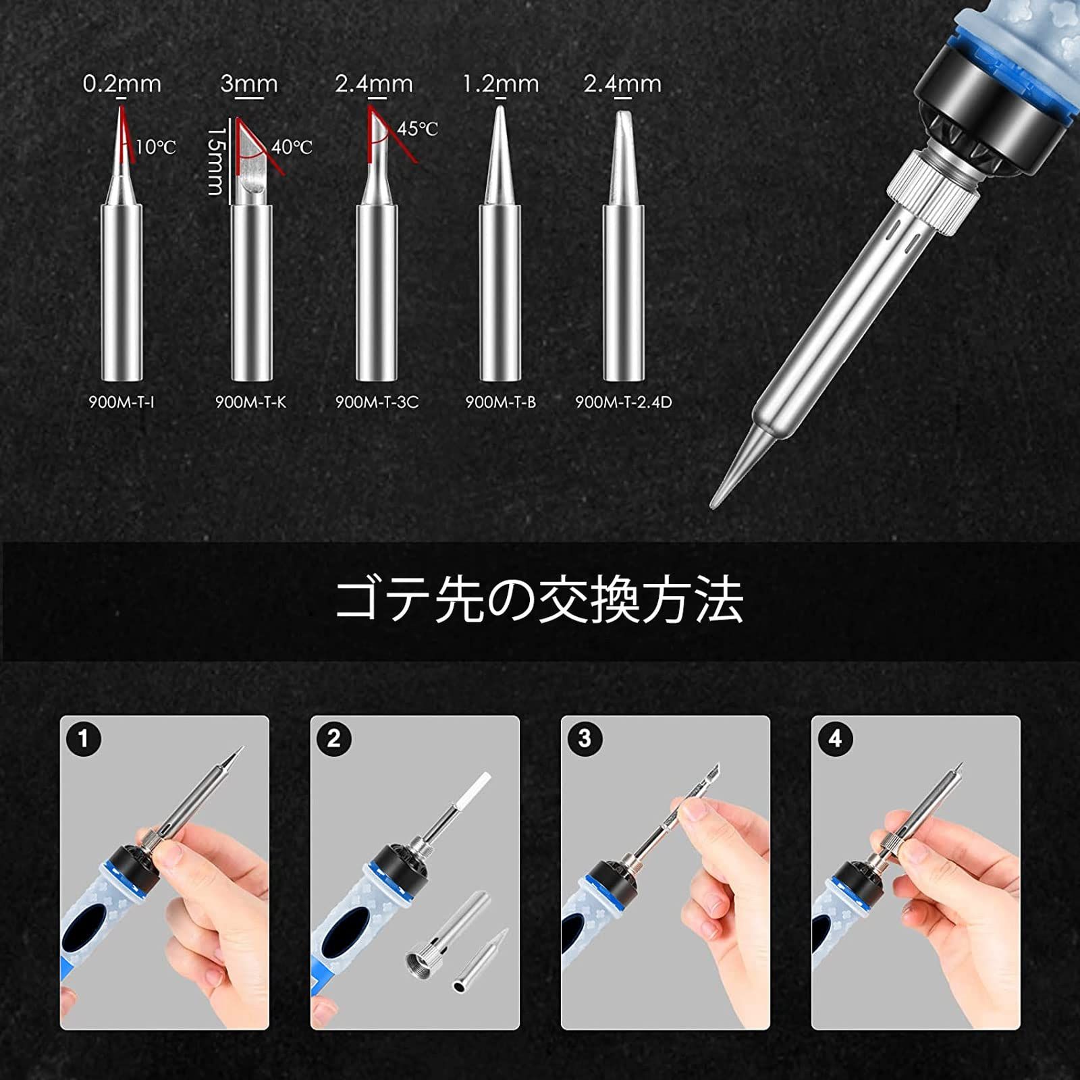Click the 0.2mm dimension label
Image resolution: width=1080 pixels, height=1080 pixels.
(122, 84)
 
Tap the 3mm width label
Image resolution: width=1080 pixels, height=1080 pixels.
(249, 84)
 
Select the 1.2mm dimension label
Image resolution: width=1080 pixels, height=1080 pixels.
(501, 84)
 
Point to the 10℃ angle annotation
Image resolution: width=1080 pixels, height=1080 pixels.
(156, 146)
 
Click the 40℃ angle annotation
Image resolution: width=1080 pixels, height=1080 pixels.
(292, 146)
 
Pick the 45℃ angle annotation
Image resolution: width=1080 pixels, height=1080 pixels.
(417, 128)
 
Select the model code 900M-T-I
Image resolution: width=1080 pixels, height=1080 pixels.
(122, 402)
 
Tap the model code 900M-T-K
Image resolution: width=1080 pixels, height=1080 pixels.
(250, 402)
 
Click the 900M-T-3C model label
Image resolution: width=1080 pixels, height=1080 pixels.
(377, 402)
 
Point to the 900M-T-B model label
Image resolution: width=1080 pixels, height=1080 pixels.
(500, 402)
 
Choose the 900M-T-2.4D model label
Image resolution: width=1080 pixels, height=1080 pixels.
(623, 402)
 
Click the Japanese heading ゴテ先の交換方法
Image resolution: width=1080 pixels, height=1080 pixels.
(539, 599)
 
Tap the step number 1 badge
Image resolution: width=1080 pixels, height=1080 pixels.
(84, 738)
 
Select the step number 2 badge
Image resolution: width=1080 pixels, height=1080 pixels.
(334, 738)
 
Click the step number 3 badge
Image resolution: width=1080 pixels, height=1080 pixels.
(585, 738)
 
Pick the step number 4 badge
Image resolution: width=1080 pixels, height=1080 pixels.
(835, 738)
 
